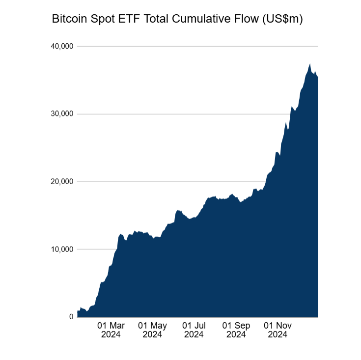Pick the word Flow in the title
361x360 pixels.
pos(247,20)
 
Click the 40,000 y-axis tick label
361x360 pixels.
pos(62,47)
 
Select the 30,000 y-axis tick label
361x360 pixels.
pos(62,114)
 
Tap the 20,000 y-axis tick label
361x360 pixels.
pos(62,182)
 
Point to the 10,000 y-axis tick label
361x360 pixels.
pos(62,249)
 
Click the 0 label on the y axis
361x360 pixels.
pos(71,317)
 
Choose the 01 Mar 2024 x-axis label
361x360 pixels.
pos(111,330)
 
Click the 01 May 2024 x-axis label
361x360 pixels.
pos(152,330)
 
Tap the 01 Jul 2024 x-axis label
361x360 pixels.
pos(194,330)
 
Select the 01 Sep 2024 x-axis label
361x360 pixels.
pos(236,330)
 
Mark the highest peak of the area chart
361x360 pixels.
pos(310,63)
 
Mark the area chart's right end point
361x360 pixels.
pos(318,78)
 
